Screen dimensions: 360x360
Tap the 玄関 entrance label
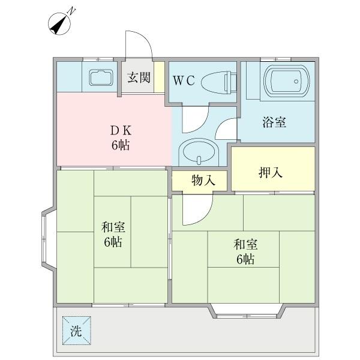(x=139, y=78)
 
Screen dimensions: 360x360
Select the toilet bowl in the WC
(x=217, y=82)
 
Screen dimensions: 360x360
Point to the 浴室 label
(x=274, y=122)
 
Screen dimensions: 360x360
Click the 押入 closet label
(x=271, y=173)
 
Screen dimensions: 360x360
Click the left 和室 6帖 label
(x=112, y=235)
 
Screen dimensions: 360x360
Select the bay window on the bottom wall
(x=247, y=310)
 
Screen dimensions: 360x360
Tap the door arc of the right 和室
(x=198, y=210)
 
